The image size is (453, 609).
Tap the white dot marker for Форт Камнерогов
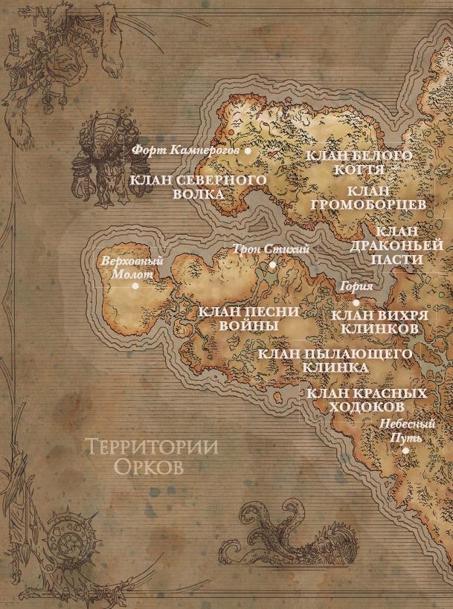coord(248,150)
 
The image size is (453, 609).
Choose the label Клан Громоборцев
coord(366,198)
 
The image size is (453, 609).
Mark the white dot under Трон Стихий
coord(272,265)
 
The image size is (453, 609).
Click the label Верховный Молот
coord(131,268)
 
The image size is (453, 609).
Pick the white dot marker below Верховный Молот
coord(135,285)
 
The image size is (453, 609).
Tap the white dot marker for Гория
coord(356,303)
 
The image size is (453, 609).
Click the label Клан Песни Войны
coord(249,318)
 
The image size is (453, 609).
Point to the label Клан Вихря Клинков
coord(383,321)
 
